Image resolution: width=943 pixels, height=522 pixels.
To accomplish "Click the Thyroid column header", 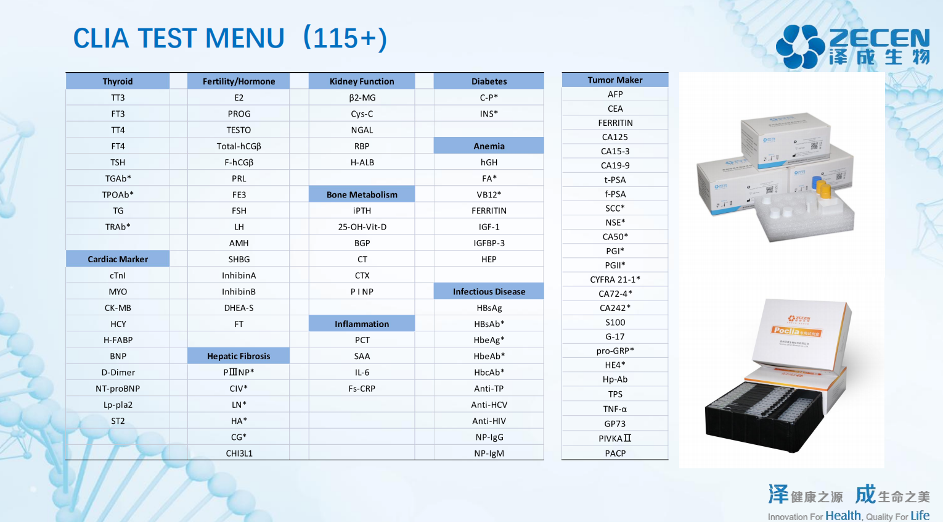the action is pyautogui.click(x=118, y=81).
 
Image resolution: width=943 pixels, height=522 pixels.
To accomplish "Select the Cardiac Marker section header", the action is pyautogui.click(x=118, y=259).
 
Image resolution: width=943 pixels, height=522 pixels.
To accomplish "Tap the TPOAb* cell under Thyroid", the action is pyautogui.click(x=118, y=194).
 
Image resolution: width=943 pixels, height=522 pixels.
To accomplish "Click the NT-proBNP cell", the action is pyautogui.click(x=118, y=389).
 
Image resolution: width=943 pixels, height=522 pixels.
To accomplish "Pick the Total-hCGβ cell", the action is pyautogui.click(x=239, y=146).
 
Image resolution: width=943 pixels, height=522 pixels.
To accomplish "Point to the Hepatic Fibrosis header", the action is pyautogui.click(x=239, y=356).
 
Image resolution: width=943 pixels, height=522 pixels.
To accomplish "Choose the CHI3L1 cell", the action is pyautogui.click(x=239, y=454).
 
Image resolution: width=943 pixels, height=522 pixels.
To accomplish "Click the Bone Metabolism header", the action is pyautogui.click(x=362, y=194).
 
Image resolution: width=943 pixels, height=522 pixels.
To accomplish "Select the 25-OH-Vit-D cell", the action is pyautogui.click(x=362, y=227).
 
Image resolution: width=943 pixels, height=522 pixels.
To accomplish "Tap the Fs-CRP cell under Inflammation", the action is pyautogui.click(x=362, y=389).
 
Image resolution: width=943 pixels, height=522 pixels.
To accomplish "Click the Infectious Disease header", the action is pyautogui.click(x=489, y=292).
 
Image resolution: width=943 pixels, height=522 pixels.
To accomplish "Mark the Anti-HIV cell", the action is pyautogui.click(x=489, y=421).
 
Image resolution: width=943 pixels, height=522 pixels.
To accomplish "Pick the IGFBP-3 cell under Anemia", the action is pyautogui.click(x=489, y=243).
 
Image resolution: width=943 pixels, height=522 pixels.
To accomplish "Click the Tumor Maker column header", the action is pyautogui.click(x=614, y=80).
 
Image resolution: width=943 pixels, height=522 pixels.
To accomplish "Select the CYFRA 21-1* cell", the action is pyautogui.click(x=614, y=280).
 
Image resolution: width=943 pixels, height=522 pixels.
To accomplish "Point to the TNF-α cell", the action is pyautogui.click(x=614, y=409).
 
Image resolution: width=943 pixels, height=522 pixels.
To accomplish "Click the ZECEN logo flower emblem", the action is pyautogui.click(x=800, y=46).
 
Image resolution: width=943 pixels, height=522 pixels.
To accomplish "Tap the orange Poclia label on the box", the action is pyautogui.click(x=796, y=331).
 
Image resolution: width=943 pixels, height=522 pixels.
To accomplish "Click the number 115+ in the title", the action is pyautogui.click(x=344, y=38).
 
